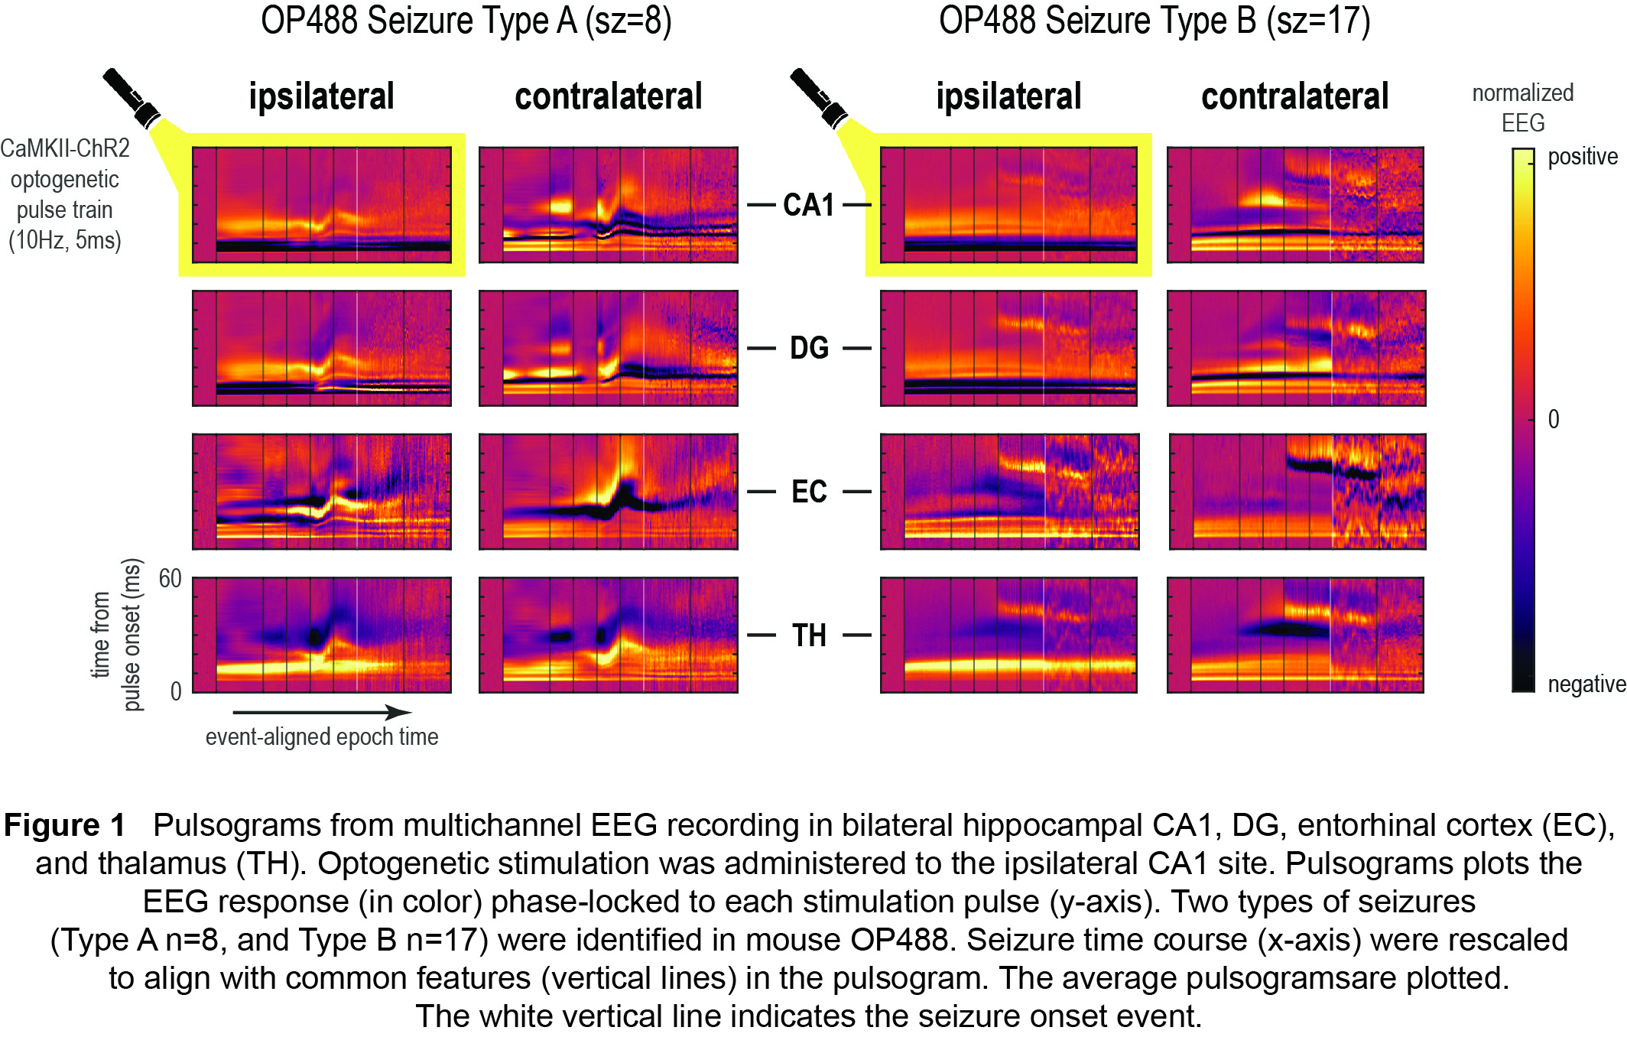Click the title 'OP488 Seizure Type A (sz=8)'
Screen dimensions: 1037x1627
(466, 21)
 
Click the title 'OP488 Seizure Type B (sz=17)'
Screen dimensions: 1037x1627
(1154, 21)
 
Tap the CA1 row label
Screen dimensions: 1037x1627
(809, 205)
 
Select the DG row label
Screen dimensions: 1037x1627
(809, 349)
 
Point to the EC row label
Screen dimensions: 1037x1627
(809, 492)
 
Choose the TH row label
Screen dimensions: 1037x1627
(809, 636)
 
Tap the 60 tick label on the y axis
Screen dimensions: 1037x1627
(170, 579)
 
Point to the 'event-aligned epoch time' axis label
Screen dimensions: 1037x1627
(322, 737)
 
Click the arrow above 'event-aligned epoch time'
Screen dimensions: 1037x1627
(322, 713)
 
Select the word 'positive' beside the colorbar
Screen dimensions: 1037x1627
(1582, 157)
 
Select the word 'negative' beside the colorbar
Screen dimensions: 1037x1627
(1586, 684)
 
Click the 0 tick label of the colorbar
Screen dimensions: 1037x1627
(1554, 419)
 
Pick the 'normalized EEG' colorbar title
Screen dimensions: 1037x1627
(1522, 108)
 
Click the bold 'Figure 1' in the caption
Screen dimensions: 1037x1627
(64, 826)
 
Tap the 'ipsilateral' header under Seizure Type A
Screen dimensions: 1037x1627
(321, 97)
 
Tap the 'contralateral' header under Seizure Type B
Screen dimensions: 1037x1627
(1294, 97)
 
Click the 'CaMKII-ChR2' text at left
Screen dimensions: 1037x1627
(65, 148)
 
